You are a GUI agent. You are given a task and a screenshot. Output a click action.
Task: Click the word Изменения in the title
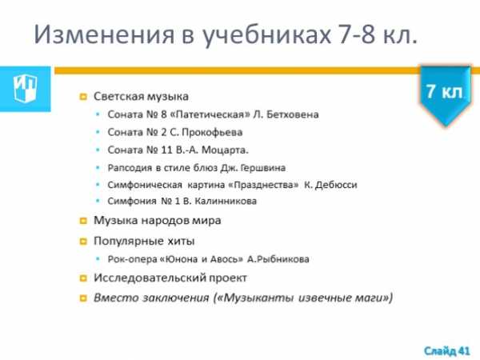(104, 34)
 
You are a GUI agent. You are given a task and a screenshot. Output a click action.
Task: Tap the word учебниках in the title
(266, 35)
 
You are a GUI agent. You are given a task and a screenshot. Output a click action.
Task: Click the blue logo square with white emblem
(25, 89)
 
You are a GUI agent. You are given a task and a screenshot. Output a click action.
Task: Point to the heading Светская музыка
(141, 97)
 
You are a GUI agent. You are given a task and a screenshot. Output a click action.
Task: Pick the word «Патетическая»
(210, 114)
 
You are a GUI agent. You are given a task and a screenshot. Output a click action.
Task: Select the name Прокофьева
(212, 133)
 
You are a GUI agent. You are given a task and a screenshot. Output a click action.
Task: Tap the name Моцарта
(225, 150)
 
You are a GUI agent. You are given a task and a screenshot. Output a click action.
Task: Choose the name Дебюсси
(336, 186)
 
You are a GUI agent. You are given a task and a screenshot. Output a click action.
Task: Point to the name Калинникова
(226, 201)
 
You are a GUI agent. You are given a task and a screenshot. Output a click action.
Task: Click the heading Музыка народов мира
(157, 221)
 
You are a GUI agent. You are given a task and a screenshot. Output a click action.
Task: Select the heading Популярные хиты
(144, 242)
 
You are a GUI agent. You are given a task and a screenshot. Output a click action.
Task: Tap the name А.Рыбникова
(278, 259)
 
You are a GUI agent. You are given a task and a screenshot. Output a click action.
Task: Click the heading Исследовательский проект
(170, 278)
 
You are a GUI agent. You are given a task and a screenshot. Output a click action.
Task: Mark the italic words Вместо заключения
(151, 298)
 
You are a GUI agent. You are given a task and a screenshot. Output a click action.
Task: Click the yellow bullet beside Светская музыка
(83, 98)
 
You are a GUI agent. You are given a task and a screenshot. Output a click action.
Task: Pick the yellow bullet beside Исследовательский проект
(83, 278)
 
